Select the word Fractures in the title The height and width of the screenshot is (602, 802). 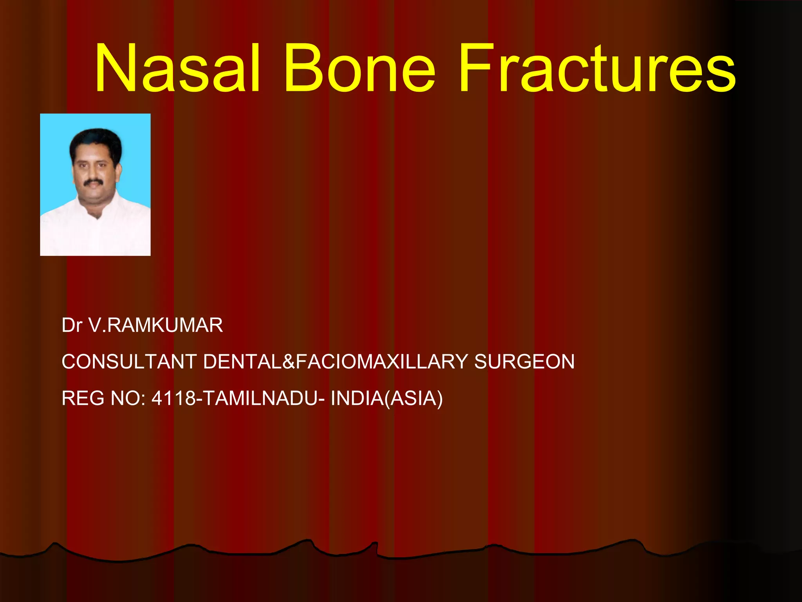pos(597,69)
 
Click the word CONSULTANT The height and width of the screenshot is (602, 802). pos(129,361)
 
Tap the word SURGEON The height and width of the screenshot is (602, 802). pos(524,361)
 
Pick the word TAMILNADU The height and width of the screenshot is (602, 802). pos(260,398)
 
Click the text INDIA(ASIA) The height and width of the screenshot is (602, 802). pos(387,398)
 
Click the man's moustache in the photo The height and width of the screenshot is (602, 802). pos(93,182)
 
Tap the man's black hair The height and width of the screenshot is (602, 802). pos(95,139)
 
